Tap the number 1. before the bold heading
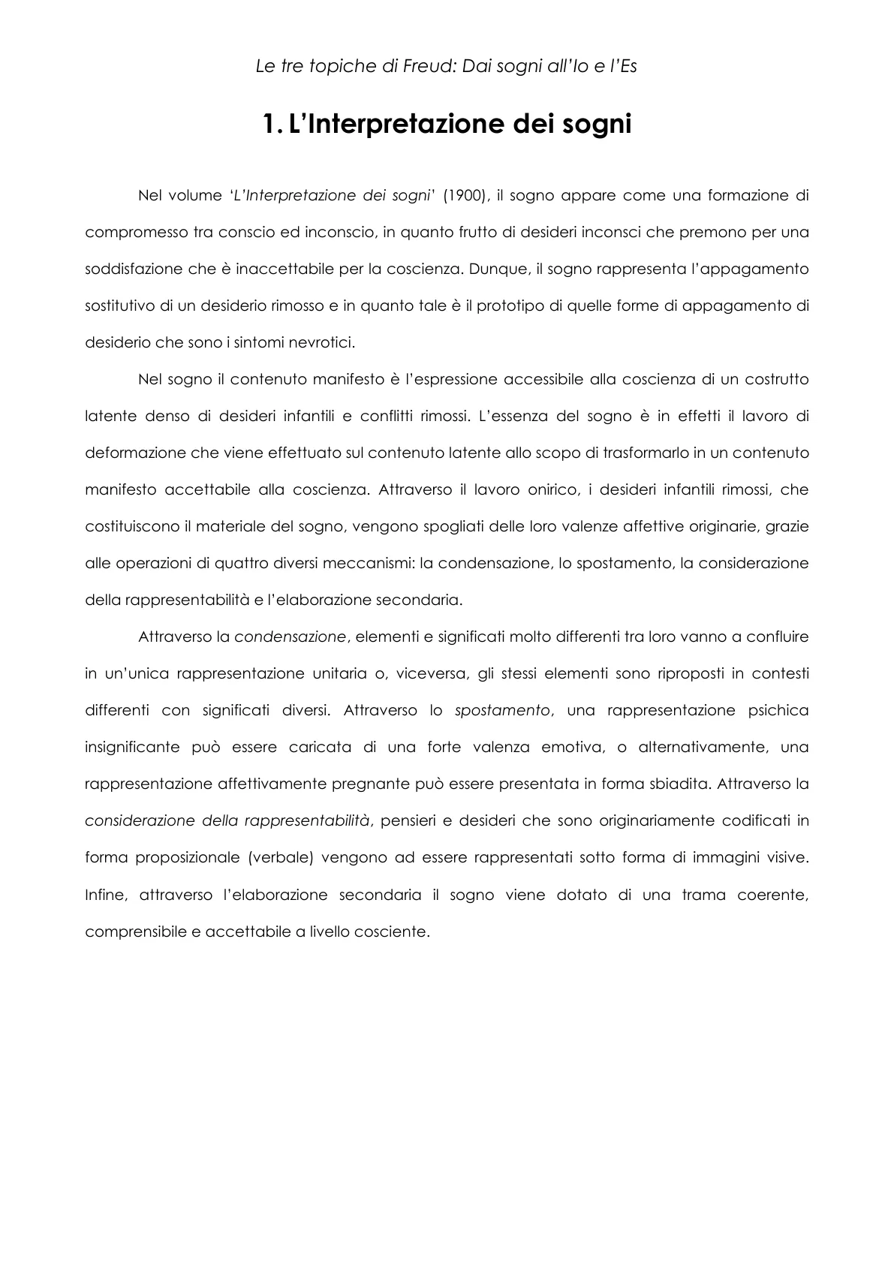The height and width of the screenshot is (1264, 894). point(272,125)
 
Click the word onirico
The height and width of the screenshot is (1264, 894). point(549,489)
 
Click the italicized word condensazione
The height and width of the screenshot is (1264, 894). point(290,637)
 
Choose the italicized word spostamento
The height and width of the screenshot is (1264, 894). point(502,710)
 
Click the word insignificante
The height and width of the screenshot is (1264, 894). point(132,747)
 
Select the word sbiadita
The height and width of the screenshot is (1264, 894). point(678,784)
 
